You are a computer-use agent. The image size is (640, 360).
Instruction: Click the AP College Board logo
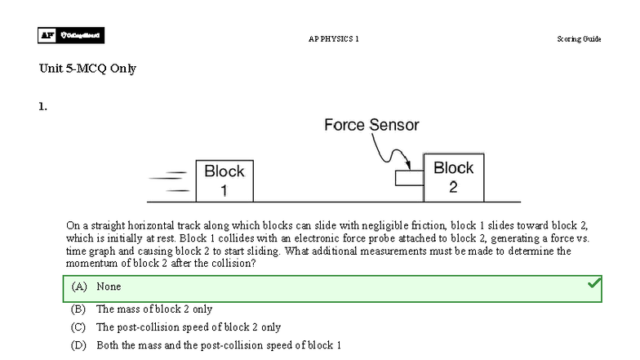coord(71,35)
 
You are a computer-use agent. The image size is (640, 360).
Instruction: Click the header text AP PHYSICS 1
coord(333,39)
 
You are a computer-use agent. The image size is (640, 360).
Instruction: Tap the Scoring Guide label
coord(579,39)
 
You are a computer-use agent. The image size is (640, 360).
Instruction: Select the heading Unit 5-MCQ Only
coord(87,69)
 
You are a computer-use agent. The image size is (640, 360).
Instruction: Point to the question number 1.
coord(42,106)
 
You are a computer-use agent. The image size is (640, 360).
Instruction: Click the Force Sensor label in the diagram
coord(371,125)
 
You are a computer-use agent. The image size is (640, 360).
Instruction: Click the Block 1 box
coord(224,180)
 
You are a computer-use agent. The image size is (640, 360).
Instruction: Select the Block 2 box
coord(454,177)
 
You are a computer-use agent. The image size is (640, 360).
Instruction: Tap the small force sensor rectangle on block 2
coord(409,178)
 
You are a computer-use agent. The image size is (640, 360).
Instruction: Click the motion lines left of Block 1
coord(174,181)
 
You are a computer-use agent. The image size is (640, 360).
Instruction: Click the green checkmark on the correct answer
coord(594,283)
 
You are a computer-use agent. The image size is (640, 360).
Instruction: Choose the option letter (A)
coord(79,287)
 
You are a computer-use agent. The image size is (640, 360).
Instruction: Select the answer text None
coord(109,287)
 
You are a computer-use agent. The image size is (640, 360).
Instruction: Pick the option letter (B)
coord(79,309)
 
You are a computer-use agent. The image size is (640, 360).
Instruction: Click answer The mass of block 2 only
coord(154,309)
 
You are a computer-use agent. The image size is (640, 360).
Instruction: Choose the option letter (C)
coord(79,327)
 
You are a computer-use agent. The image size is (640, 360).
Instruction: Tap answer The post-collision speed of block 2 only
coord(189,327)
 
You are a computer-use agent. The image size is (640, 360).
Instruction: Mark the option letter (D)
coord(79,345)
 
